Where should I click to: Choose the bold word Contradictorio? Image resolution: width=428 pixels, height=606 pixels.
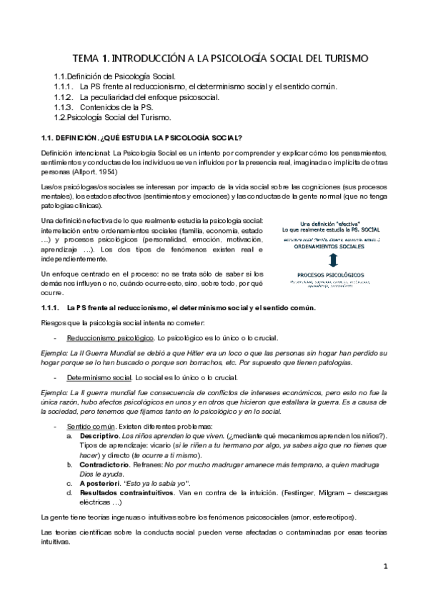[109, 465]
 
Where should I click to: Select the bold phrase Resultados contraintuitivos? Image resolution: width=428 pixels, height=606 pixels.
[130, 492]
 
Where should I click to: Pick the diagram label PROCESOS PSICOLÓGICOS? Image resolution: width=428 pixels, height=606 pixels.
[329, 274]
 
